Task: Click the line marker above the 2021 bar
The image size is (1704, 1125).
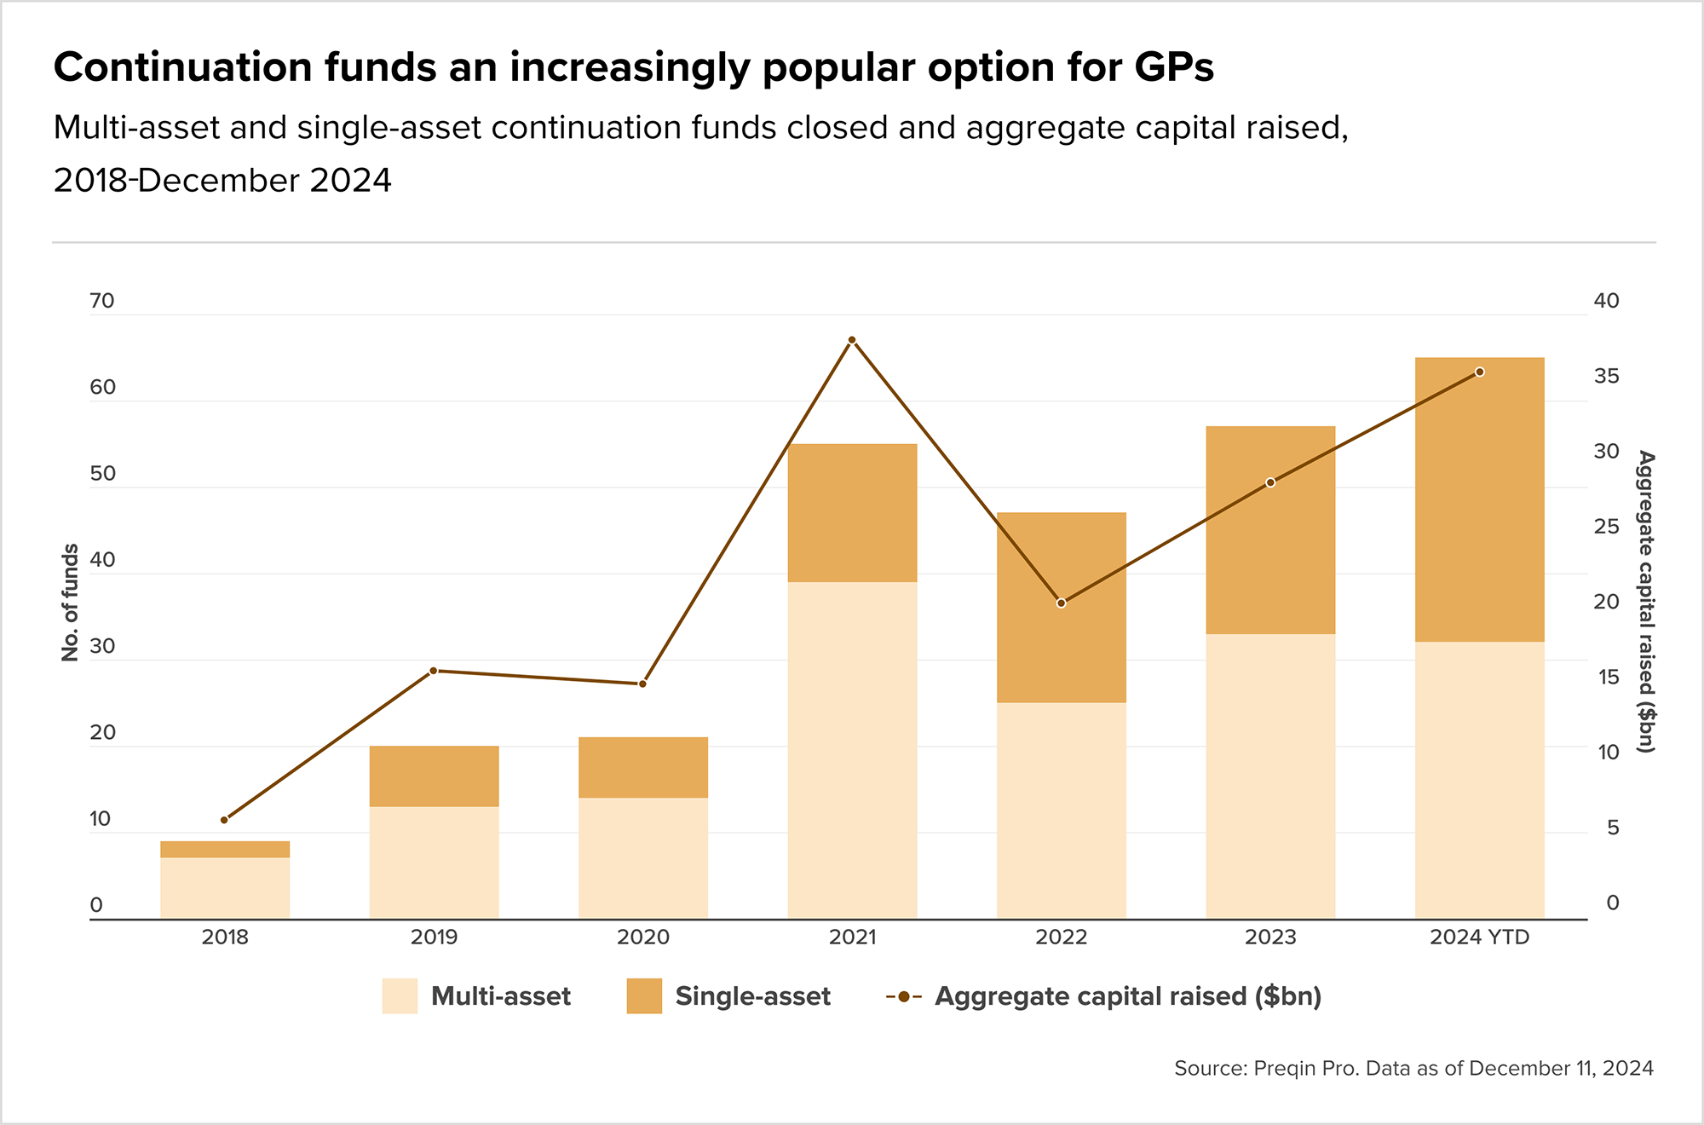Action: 852,340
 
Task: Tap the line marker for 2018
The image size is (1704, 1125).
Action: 224,820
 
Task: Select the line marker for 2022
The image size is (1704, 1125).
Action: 1061,603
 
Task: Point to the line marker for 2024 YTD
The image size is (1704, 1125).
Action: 1480,372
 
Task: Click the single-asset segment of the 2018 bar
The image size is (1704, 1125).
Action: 225,849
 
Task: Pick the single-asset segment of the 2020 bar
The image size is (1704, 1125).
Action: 643,767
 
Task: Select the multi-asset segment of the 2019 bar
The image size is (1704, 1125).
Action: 434,862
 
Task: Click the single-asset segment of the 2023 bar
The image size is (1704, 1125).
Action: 1270,529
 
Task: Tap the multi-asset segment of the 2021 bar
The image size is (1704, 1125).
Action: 852,750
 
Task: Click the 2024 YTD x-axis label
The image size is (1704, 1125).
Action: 1480,937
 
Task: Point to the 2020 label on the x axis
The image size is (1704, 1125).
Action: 643,937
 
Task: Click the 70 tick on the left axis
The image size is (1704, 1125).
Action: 101,301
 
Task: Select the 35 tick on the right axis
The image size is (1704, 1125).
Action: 1606,376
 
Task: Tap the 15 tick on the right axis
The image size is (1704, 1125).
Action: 1606,677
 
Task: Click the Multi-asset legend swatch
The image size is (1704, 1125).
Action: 400,996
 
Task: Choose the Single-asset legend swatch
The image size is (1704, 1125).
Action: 644,996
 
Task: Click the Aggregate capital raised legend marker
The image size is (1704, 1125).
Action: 903,996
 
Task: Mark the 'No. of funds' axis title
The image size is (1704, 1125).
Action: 70,603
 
